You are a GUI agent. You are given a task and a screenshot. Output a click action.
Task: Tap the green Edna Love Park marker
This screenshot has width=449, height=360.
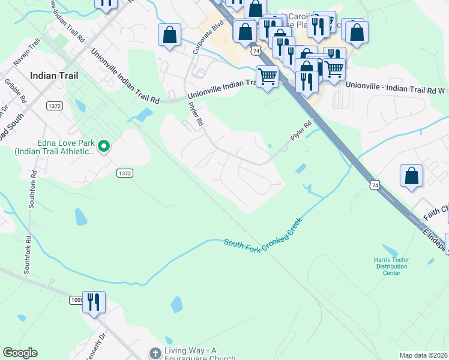(104, 146)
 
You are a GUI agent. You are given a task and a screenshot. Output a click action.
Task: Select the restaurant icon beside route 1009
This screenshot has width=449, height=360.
(94, 301)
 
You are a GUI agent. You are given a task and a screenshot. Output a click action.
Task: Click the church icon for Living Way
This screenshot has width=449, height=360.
(155, 353)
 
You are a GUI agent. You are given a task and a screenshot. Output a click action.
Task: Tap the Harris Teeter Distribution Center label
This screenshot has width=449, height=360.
(391, 266)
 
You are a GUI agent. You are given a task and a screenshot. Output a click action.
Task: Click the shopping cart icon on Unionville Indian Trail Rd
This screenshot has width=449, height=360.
(267, 76)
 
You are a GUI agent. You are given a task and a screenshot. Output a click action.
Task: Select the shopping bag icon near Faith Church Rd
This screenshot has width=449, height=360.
(412, 176)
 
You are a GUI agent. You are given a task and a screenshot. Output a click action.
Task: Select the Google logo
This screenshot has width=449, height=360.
(20, 353)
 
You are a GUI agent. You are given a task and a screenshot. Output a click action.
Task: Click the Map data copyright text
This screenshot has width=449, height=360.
(423, 355)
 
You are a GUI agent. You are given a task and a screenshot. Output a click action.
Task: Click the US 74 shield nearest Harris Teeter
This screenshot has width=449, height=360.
(374, 187)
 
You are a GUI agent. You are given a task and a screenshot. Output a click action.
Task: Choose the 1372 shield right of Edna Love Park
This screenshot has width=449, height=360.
(124, 173)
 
